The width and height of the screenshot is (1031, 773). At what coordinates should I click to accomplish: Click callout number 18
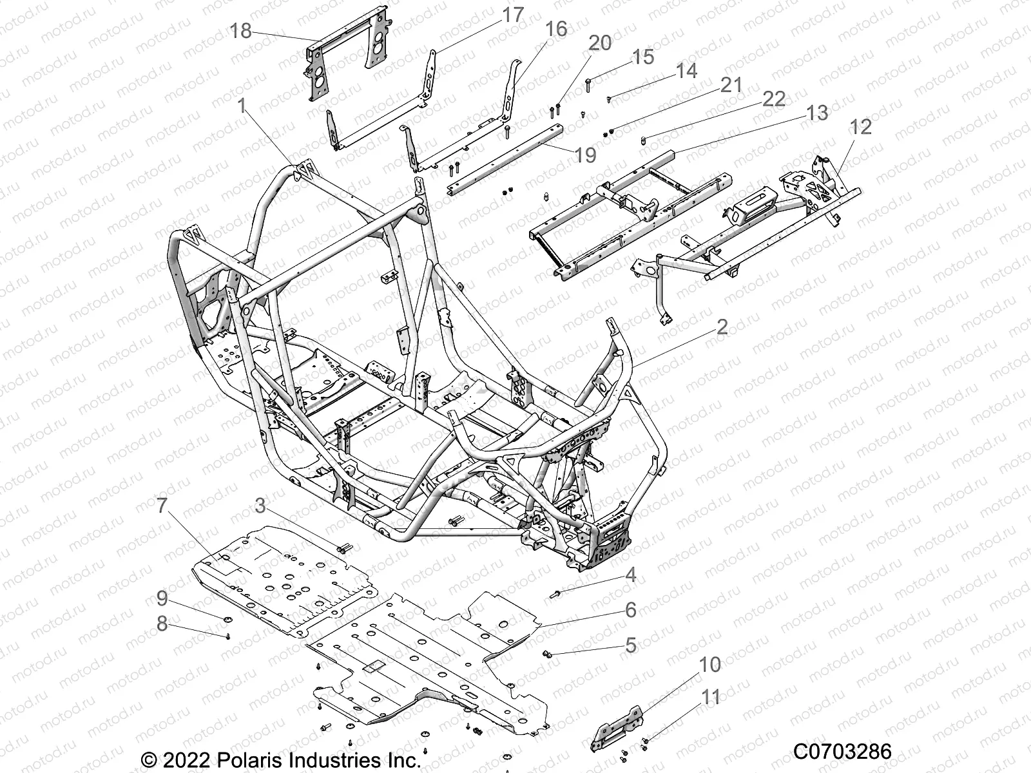[241, 30]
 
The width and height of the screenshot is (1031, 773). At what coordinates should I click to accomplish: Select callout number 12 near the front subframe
[860, 126]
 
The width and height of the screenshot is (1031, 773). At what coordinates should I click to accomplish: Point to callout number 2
[721, 327]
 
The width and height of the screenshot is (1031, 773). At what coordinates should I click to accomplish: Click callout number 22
[774, 99]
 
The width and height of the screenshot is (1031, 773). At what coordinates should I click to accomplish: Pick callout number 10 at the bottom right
[710, 665]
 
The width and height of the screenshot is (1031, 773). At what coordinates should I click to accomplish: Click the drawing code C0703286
[842, 751]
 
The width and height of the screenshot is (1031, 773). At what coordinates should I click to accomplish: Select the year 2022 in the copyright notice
[186, 760]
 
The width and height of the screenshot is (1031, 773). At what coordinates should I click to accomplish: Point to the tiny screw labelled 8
[229, 636]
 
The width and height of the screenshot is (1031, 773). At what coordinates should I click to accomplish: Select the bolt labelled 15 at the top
[589, 82]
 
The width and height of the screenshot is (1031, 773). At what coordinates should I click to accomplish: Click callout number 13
[817, 113]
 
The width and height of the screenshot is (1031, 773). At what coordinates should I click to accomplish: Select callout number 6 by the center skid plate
[630, 609]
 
